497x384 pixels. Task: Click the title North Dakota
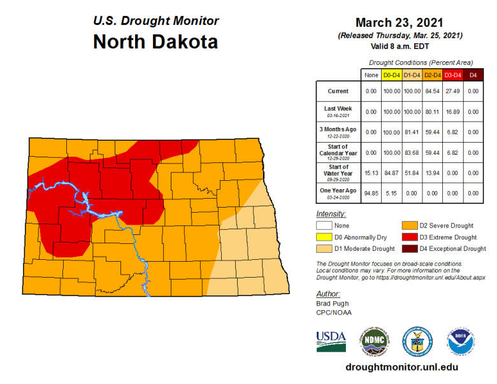coord(155,42)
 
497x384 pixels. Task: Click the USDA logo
coord(331,342)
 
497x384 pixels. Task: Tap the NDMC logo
coord(375,342)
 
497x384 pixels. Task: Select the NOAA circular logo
coord(461,342)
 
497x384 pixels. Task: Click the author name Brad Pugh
coord(331,303)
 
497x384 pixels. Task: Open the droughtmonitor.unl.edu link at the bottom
coord(401,367)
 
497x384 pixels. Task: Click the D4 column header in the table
coord(472,75)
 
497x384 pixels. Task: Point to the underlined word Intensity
coord(331,214)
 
